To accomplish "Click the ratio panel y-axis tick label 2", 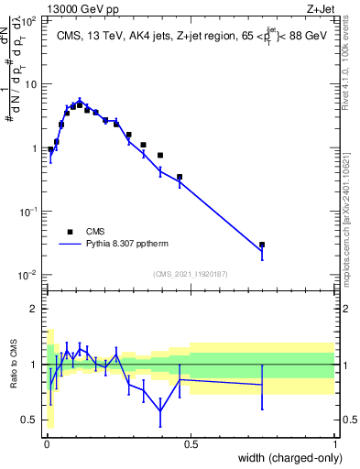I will [36, 309].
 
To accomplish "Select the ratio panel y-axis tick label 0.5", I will [30, 420].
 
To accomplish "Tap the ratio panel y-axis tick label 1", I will [36, 365].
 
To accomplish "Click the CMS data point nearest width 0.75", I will [262, 245].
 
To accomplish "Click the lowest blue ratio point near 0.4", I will [160, 411].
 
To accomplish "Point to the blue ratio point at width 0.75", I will [262, 385].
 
